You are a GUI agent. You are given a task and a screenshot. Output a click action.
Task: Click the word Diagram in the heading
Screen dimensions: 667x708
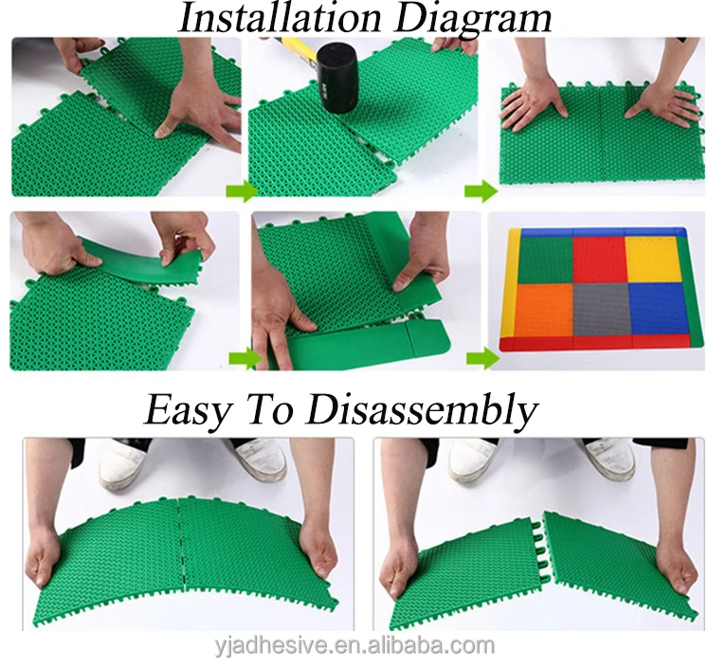(x=471, y=18)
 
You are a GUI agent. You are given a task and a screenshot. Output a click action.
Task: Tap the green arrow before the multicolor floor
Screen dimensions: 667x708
(x=481, y=358)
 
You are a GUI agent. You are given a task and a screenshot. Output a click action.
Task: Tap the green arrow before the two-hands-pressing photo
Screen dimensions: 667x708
(x=481, y=193)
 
